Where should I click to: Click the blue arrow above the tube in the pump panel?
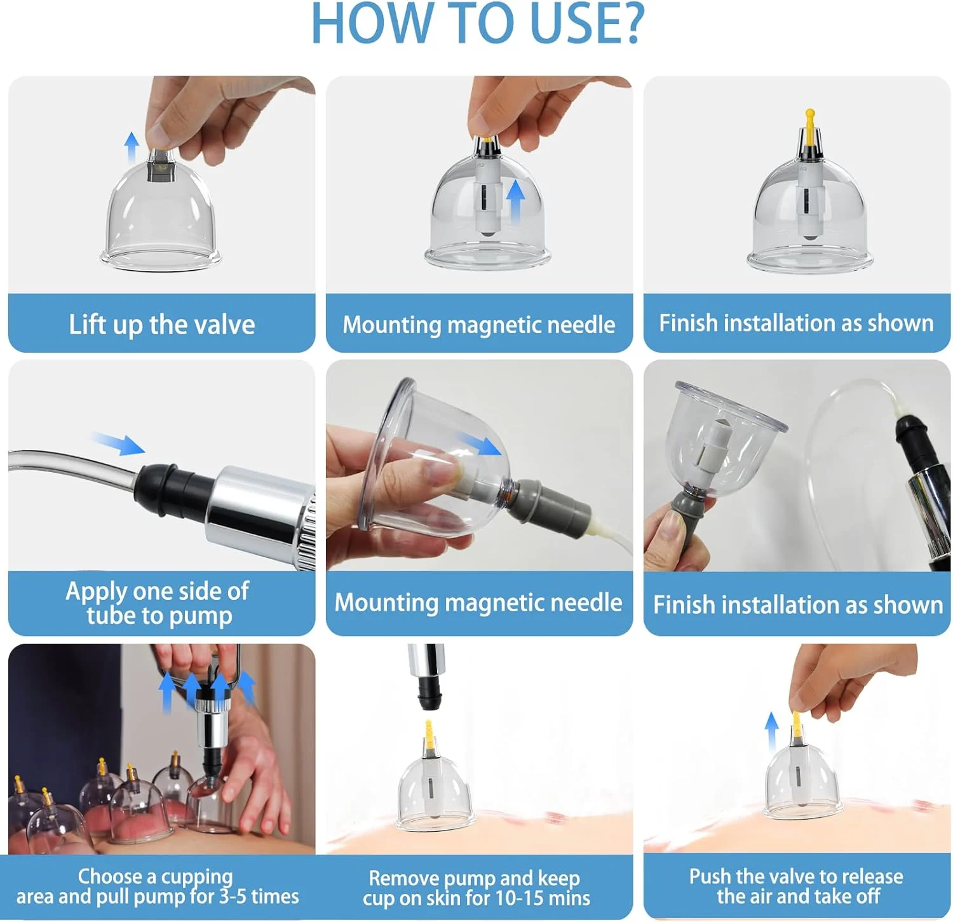[118, 443]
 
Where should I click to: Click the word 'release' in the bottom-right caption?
[868, 877]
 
